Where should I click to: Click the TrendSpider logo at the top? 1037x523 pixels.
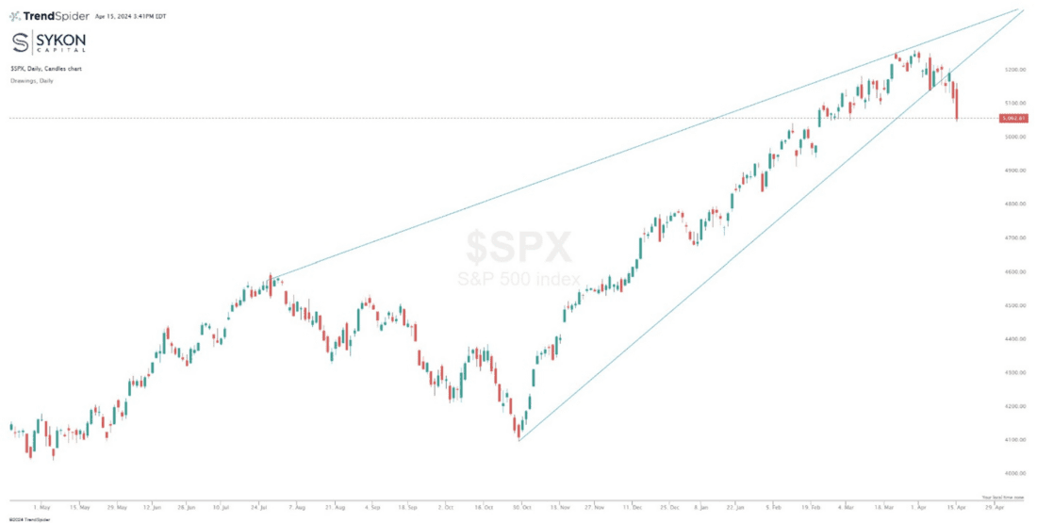click(49, 16)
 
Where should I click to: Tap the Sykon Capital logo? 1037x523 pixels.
click(48, 44)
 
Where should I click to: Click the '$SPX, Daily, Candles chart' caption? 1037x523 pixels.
click(45, 69)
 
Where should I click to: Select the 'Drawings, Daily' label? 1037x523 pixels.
click(32, 81)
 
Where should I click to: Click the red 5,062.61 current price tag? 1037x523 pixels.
click(1014, 119)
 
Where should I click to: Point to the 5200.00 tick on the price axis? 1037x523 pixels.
click(1014, 70)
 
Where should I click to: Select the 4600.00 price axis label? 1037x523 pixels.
click(1014, 272)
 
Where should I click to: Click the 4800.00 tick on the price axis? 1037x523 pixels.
click(1014, 204)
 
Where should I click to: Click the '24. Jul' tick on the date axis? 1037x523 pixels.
click(260, 505)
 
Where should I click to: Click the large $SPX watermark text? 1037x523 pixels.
click(518, 248)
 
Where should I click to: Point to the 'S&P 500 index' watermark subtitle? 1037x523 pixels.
click(518, 280)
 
